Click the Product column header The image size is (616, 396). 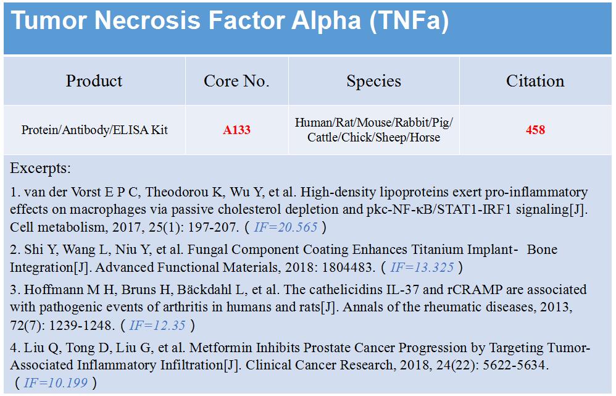(x=94, y=81)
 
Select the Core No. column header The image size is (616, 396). (x=236, y=81)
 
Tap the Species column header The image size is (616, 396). (x=373, y=82)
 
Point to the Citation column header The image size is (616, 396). (x=535, y=81)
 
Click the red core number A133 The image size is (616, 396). (x=236, y=130)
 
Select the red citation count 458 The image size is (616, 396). (x=536, y=130)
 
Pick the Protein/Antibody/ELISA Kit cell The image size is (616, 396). (x=94, y=130)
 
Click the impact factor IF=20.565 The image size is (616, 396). (x=286, y=227)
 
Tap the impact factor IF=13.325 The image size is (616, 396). (x=422, y=268)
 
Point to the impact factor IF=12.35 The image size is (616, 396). (x=157, y=326)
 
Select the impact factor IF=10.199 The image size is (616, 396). (x=56, y=382)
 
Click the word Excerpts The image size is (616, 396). (x=41, y=169)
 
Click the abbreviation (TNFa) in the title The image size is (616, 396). (x=409, y=20)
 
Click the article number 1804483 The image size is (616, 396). (x=348, y=268)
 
